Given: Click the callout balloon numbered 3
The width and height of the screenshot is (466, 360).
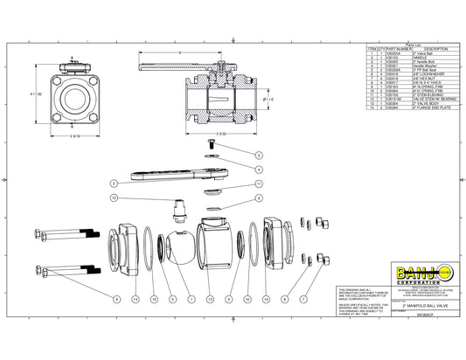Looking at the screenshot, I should click(259, 154).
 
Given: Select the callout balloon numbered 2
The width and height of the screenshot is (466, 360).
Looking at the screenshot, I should click(114, 183).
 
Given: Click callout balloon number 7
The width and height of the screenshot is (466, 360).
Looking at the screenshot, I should click(303, 298).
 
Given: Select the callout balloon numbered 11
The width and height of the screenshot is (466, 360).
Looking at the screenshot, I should click(259, 184).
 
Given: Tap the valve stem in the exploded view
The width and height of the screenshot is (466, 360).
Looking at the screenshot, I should click(180, 211).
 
